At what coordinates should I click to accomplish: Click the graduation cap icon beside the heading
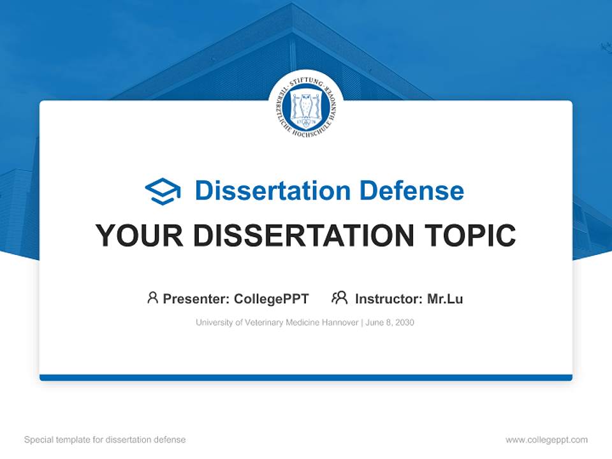tap(163, 191)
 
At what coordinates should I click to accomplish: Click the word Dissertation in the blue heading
tap(272, 191)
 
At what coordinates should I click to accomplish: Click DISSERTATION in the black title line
tap(305, 236)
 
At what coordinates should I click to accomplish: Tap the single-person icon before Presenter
tap(152, 298)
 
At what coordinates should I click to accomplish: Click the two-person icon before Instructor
tap(339, 298)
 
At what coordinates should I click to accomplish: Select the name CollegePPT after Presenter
tap(272, 298)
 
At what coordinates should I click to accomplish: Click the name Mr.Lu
tap(445, 298)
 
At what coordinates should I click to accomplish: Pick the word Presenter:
tap(196, 298)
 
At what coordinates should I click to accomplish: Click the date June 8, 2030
tap(390, 323)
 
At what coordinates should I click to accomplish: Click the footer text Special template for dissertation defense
tap(105, 440)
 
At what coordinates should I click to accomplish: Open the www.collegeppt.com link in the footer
tap(546, 440)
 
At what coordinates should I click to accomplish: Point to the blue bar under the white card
tap(306, 377)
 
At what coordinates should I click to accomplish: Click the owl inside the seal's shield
tap(306, 103)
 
